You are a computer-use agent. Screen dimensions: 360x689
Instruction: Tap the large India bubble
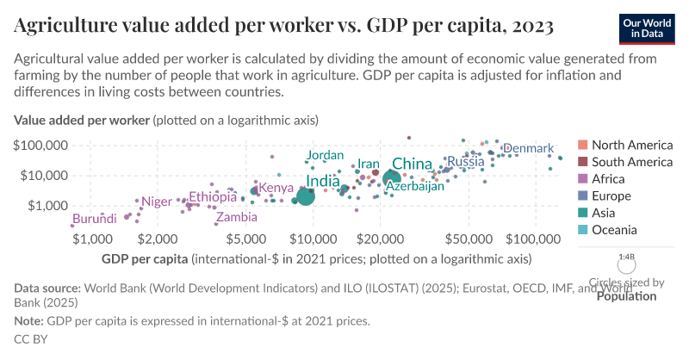click(305, 196)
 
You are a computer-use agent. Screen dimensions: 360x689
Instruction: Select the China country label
click(412, 164)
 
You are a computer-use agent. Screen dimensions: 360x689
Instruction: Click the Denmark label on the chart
click(528, 149)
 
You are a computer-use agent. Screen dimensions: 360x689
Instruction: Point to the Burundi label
click(94, 220)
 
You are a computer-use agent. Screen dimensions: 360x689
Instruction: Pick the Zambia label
click(236, 218)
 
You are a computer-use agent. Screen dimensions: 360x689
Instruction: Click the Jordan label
click(325, 155)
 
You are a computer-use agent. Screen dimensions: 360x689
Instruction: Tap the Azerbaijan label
click(414, 186)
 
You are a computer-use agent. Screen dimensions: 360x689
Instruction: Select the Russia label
click(465, 162)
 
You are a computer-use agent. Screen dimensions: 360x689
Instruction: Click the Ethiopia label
click(213, 197)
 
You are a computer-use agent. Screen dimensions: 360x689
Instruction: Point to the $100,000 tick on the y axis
click(40, 145)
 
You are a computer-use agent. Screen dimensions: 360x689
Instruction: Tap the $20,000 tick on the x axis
click(380, 238)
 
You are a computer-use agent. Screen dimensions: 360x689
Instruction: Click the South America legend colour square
click(582, 162)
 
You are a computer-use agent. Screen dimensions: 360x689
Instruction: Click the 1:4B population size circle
click(627, 264)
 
